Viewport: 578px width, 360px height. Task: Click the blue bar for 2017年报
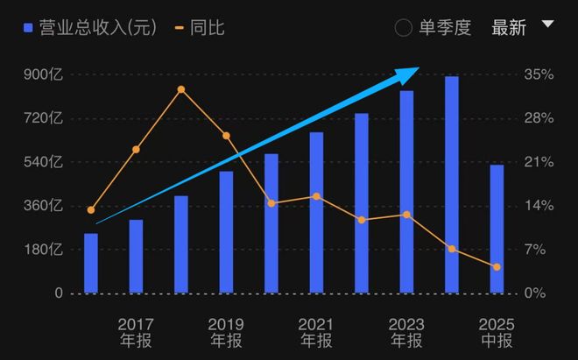[136, 256]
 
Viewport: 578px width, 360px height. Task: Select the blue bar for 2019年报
[226, 232]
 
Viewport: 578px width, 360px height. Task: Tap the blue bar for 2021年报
[316, 213]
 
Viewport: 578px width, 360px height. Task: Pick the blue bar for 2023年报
[406, 192]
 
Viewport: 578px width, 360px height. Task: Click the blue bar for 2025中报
[497, 229]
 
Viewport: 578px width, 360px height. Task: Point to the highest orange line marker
[181, 89]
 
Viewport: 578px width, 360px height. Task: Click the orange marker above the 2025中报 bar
[497, 267]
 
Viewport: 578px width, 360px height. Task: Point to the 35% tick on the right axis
[539, 75]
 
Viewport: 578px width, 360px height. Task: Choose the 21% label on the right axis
[539, 162]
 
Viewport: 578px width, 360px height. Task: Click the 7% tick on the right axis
[539, 250]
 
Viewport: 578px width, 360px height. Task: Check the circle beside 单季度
[404, 28]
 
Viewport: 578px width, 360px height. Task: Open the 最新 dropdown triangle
[548, 25]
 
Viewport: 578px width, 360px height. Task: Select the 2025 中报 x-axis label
[497, 332]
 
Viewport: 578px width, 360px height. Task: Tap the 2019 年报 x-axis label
[226, 332]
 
